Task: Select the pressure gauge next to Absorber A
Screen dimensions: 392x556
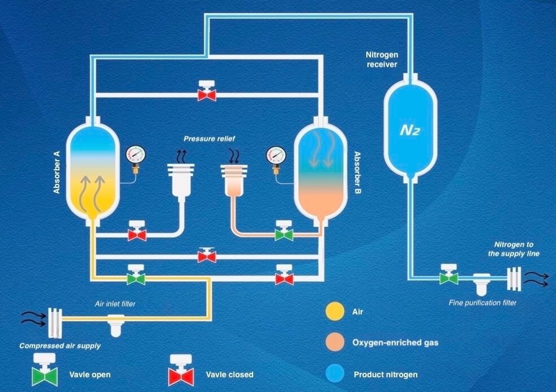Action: [x=136, y=154]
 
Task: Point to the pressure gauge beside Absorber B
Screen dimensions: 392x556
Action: [x=276, y=154]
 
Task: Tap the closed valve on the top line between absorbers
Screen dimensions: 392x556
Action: [x=207, y=93]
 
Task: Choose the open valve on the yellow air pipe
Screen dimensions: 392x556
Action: [x=136, y=277]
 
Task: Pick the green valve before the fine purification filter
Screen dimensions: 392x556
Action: [x=449, y=277]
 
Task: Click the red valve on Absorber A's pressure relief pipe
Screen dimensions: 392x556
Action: [x=137, y=232]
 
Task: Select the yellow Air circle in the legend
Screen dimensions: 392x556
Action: [x=332, y=311]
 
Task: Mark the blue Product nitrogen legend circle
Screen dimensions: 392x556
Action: [x=332, y=373]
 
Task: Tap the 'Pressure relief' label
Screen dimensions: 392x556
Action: [x=209, y=139]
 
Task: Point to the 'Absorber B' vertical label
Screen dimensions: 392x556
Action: [x=358, y=173]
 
